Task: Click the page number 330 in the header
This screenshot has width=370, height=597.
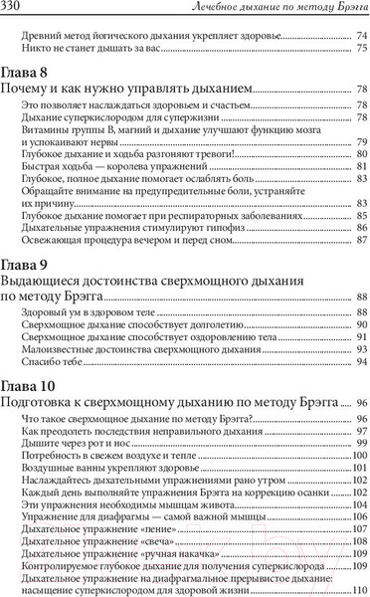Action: coord(16,9)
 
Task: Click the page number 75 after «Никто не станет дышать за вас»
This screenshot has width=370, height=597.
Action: coord(361,48)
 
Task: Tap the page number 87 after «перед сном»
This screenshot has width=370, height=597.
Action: coord(361,240)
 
